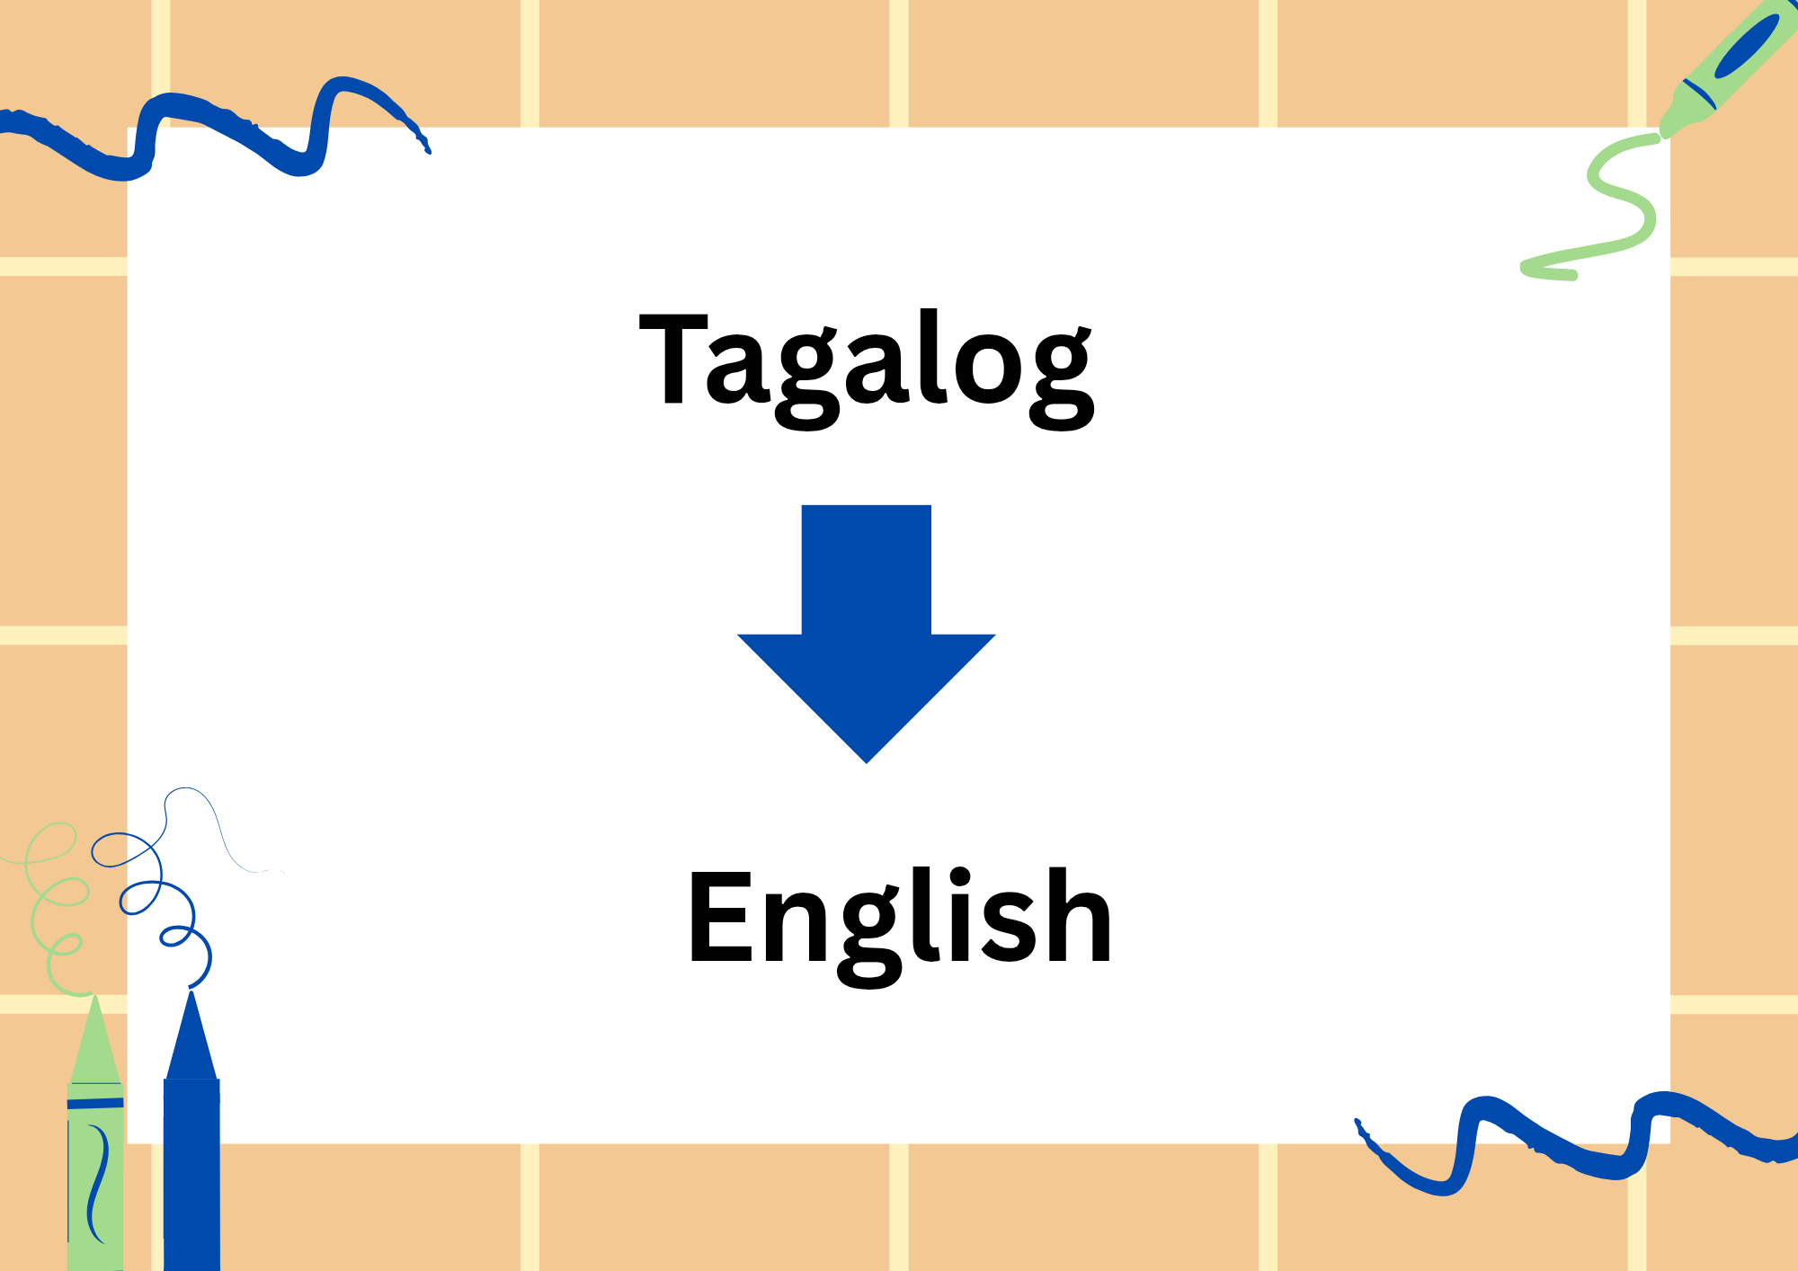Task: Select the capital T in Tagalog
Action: tap(672, 359)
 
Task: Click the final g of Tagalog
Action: tap(1062, 378)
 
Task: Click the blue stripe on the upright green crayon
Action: tap(95, 1102)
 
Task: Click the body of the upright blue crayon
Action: tap(191, 1169)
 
